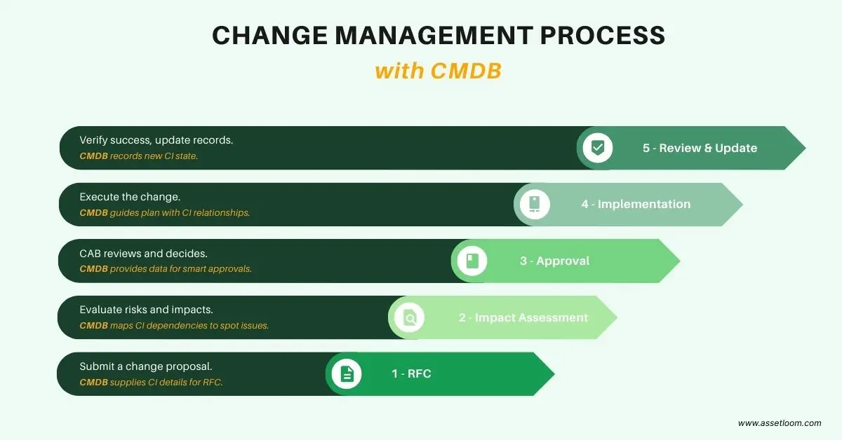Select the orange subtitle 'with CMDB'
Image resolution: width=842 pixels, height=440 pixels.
pos(438,71)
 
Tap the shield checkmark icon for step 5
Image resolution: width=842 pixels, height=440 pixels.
pos(598,148)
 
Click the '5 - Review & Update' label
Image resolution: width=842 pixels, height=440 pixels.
pos(700,148)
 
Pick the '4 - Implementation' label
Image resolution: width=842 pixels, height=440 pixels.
pos(636,204)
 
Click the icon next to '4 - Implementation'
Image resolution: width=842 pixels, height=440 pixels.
pos(535,204)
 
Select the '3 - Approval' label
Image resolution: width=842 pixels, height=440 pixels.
pos(554,261)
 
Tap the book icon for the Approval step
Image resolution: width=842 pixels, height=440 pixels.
pos(472,261)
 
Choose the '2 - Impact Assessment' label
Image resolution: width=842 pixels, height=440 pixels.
pos(523,317)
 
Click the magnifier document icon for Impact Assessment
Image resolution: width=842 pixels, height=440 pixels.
pos(410,318)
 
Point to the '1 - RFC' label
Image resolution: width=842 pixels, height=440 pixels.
pos(411,373)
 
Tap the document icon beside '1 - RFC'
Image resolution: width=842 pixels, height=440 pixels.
pos(347,374)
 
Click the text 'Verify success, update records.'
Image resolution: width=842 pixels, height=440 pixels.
pos(156,140)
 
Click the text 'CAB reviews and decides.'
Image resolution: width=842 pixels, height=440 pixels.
pos(143,254)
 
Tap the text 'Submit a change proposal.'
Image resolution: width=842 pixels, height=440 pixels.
pos(145,366)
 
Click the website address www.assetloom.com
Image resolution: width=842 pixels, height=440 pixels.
pos(780,423)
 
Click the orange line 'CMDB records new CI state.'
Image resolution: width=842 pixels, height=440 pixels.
pos(138,156)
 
